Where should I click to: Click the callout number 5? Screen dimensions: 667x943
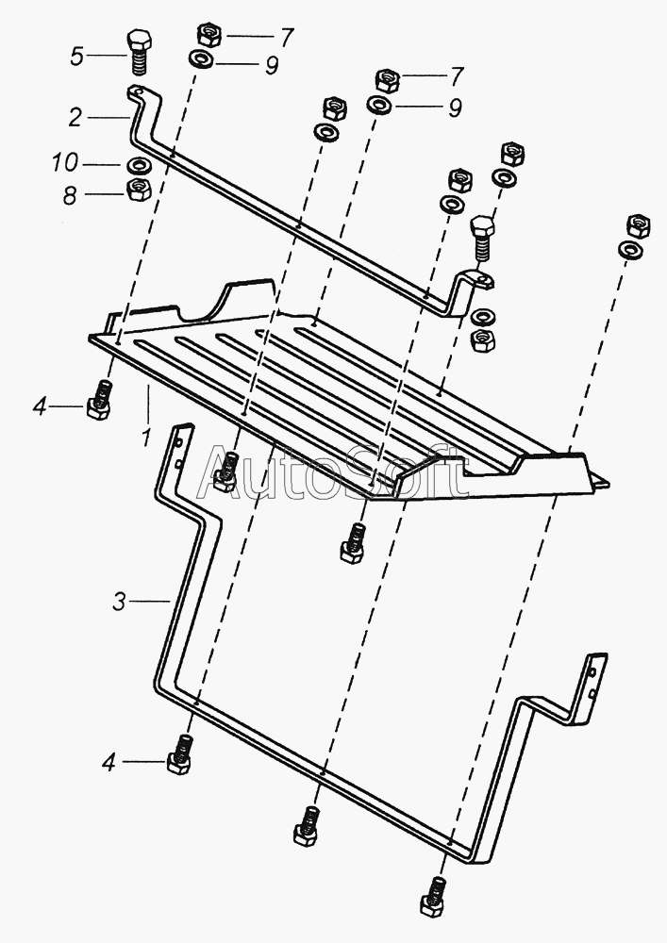pyautogui.click(x=76, y=58)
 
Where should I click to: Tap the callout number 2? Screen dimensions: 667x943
pyautogui.click(x=75, y=117)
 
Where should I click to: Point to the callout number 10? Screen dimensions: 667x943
pyautogui.click(x=65, y=163)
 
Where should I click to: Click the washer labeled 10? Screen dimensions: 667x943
pyautogui.click(x=139, y=163)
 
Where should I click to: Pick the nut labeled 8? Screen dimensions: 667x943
pyautogui.click(x=139, y=190)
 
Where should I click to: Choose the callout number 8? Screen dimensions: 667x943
pyautogui.click(x=71, y=196)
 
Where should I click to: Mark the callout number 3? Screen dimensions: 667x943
pyautogui.click(x=120, y=601)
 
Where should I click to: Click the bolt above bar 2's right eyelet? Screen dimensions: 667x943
pyautogui.click(x=483, y=236)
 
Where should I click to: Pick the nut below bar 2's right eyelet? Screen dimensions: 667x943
pyautogui.click(x=482, y=340)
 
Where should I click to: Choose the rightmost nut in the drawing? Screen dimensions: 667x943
pyautogui.click(x=638, y=225)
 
